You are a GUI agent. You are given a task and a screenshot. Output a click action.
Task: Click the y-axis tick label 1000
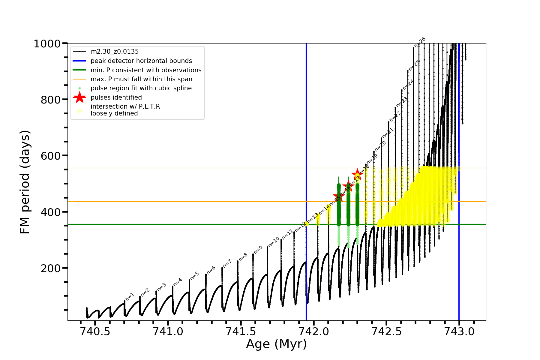pos(47,44)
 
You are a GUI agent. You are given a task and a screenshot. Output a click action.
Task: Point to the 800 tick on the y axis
pos(51,100)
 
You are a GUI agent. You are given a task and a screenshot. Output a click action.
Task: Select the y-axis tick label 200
pos(51,268)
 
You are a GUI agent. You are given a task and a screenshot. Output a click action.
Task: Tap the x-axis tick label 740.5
pos(95,331)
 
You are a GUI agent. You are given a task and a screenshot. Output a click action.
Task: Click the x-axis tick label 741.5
pos(241,331)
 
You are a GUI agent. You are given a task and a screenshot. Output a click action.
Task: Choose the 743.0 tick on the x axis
pos(459,331)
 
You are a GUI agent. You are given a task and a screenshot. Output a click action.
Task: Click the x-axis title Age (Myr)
pos(276,344)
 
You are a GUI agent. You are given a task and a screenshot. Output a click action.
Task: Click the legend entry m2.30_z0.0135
pos(115,52)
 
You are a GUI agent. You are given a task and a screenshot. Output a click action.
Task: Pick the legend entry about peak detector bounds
pos(141,61)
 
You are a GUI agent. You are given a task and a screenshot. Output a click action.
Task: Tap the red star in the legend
pos(79,97)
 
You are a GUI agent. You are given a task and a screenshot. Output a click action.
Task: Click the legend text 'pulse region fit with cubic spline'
pos(141,88)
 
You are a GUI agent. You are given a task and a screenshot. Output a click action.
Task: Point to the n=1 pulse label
pos(130,296)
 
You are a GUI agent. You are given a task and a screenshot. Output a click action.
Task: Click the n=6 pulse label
pos(211,270)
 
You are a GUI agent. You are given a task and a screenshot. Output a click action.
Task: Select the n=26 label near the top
pos(420,43)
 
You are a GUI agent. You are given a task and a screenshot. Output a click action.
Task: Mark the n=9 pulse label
pos(258,249)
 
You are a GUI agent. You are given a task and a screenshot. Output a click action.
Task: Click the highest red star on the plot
pos(357,174)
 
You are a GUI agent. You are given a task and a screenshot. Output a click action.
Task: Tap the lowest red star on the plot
pos(339,197)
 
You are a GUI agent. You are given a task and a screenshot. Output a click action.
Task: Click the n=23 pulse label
pos(402,102)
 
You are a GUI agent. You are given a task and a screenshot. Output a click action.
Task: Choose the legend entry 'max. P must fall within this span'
pos(141,79)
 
